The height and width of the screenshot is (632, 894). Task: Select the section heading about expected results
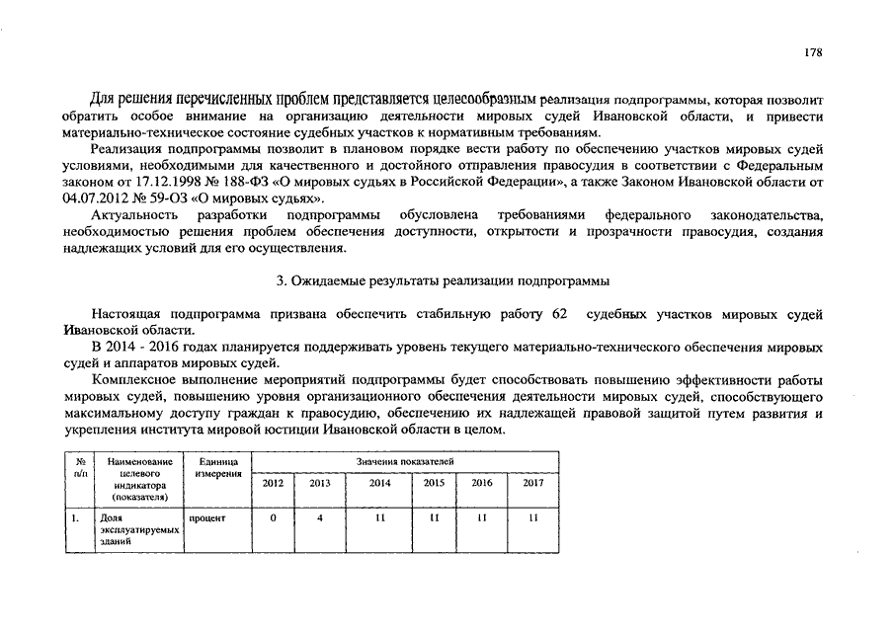pyautogui.click(x=445, y=280)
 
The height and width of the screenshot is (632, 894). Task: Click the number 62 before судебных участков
pyautogui.click(x=559, y=313)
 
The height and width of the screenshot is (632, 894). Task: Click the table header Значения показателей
pyautogui.click(x=404, y=461)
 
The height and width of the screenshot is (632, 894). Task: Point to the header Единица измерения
pyautogui.click(x=218, y=467)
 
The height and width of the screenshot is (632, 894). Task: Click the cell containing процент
pyautogui.click(x=207, y=516)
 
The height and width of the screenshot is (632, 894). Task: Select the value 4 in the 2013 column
pyautogui.click(x=320, y=516)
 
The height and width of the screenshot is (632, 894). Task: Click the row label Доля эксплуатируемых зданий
pyautogui.click(x=138, y=529)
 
